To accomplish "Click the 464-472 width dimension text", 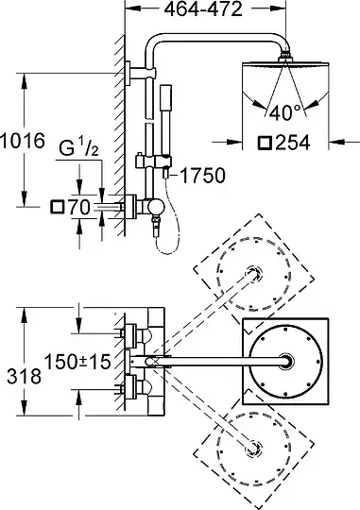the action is pos(203,9).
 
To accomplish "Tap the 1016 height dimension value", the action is pos(23,141).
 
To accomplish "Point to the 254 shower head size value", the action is pos(292,143).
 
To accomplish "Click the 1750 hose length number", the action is pos(202,176).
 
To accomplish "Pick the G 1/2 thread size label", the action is pos(78,148).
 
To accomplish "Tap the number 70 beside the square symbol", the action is pos(78,207).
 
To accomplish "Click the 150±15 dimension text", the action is pos(77,362).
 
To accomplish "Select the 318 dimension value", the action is pos(24,376).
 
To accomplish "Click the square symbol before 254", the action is pos(265,143).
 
